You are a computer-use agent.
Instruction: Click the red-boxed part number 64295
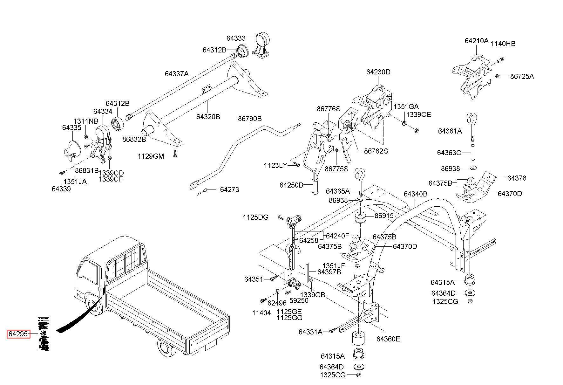tap(19, 334)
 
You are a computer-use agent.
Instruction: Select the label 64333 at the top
tap(236, 38)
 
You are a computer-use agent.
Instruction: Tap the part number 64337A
tap(177, 74)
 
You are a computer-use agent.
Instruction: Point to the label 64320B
tap(208, 117)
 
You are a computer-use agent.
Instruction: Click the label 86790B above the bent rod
tap(250, 119)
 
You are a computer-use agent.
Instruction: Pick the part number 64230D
tap(378, 72)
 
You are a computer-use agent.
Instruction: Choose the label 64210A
tap(476, 41)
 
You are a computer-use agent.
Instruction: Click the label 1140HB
tap(503, 44)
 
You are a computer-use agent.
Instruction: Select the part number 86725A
tap(522, 77)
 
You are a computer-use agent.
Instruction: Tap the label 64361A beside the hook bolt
tap(450, 131)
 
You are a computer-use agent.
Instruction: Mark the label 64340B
tap(416, 194)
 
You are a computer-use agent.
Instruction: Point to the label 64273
tap(229, 189)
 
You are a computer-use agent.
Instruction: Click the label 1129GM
tap(151, 156)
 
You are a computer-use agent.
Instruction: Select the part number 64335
tap(72, 127)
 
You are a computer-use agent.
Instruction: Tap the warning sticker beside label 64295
tap(44, 333)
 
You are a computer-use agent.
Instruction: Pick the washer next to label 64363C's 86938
tap(472, 168)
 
